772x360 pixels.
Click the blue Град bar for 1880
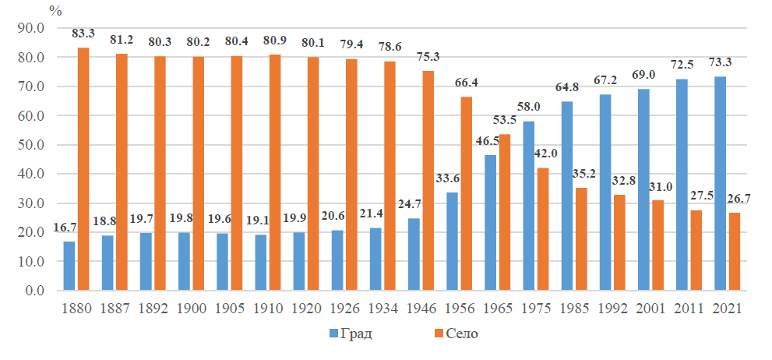pyautogui.click(x=70, y=266)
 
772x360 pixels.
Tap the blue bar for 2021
pyautogui.click(x=721, y=184)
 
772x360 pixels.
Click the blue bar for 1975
pyautogui.click(x=529, y=206)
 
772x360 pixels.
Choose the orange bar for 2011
pyautogui.click(x=696, y=250)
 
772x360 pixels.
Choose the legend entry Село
pyautogui.click(x=455, y=334)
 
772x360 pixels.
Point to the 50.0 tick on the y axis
pyautogui.click(x=34, y=145)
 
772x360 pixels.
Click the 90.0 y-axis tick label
pyautogui.click(x=34, y=28)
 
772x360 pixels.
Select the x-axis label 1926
pyautogui.click(x=345, y=308)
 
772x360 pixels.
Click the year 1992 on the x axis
pyautogui.click(x=613, y=308)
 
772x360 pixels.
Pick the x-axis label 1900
pyautogui.click(x=192, y=308)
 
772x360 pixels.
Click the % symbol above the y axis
pyautogui.click(x=55, y=10)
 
